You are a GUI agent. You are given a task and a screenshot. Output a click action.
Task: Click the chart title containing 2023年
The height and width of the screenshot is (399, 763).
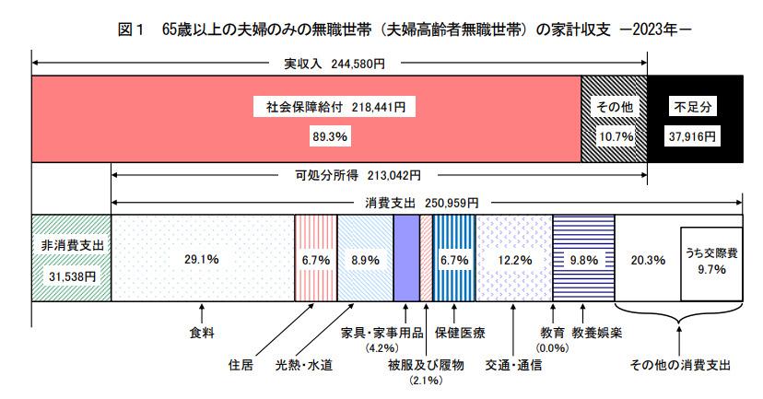point(381,30)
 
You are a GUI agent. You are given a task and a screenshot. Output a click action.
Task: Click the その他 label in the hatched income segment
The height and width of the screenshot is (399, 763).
point(614,107)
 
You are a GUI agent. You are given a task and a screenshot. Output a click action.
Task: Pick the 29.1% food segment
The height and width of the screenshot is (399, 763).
point(201,260)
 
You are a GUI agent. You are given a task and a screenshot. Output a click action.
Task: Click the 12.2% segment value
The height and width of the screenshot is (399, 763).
point(513,261)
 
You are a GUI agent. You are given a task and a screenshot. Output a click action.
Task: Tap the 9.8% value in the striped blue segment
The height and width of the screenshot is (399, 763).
point(583,261)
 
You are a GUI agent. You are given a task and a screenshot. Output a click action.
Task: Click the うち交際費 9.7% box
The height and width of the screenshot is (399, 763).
point(711,262)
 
